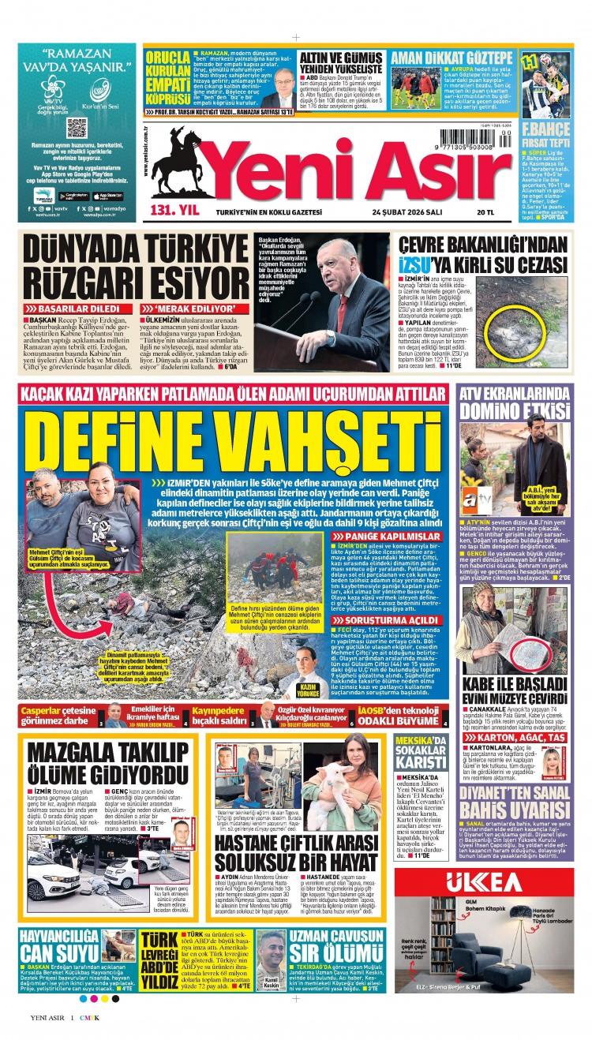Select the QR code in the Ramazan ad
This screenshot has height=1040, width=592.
click(77, 127)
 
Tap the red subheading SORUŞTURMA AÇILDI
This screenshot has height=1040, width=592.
click(364, 619)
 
